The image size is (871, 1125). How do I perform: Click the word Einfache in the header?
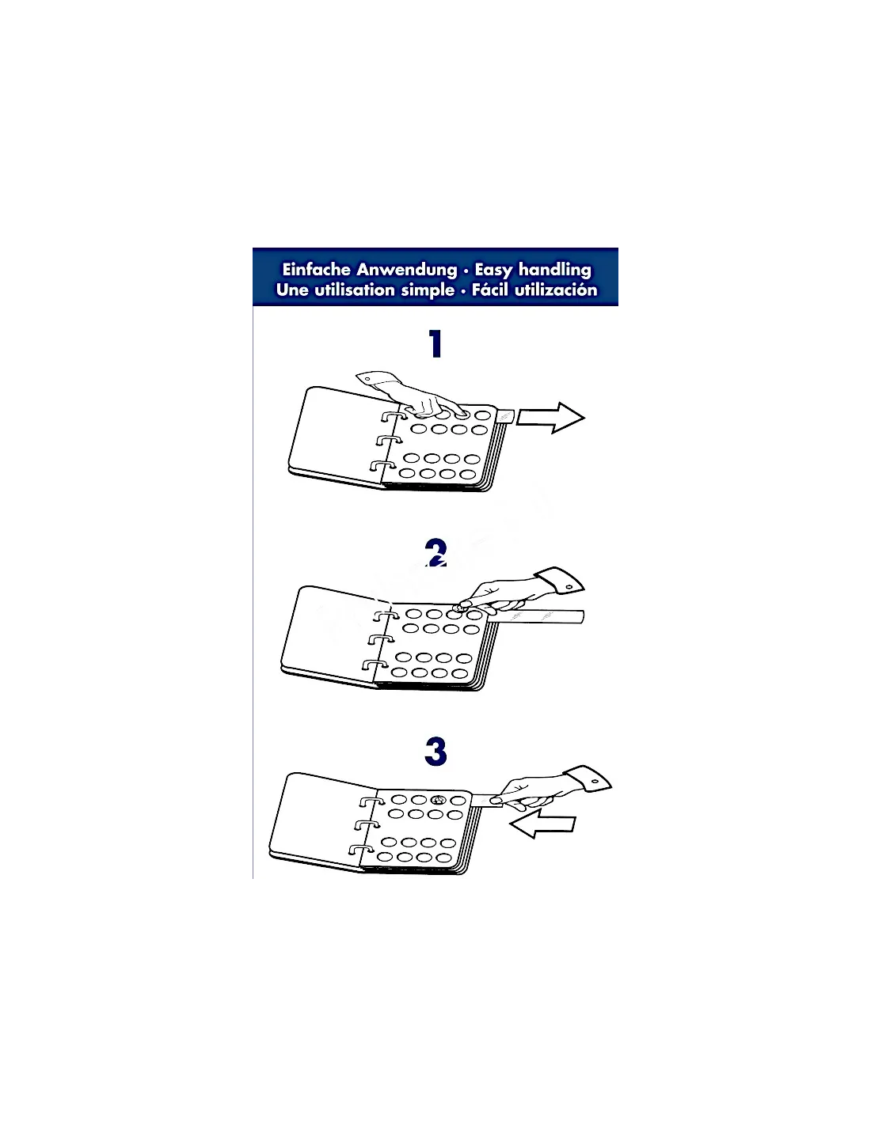pyautogui.click(x=316, y=270)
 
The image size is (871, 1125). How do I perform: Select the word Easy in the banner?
pyautogui.click(x=494, y=271)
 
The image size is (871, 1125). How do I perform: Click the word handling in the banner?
pyautogui.click(x=555, y=271)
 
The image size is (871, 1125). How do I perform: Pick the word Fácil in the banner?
pyautogui.click(x=489, y=290)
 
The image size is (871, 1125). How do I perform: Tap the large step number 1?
pyautogui.click(x=435, y=344)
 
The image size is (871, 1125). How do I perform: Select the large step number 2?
pyautogui.click(x=435, y=553)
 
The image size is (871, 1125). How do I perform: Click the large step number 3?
pyautogui.click(x=435, y=752)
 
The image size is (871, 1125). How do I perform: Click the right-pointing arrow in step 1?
pyautogui.click(x=551, y=418)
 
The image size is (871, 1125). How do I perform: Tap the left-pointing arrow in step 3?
pyautogui.click(x=542, y=823)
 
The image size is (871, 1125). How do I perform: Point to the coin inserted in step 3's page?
pyautogui.click(x=438, y=801)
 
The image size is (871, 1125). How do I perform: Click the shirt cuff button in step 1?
pyautogui.click(x=367, y=379)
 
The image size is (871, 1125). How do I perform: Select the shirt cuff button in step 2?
pyautogui.click(x=569, y=586)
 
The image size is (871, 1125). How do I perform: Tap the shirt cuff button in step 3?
pyautogui.click(x=595, y=782)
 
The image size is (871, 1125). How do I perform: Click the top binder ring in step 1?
pyautogui.click(x=394, y=416)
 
